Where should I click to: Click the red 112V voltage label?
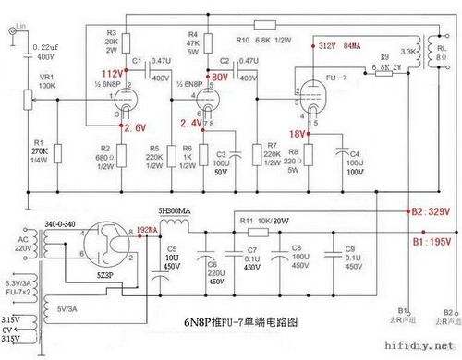[111, 72]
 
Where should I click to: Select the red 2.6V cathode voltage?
[134, 128]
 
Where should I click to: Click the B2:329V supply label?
[431, 211]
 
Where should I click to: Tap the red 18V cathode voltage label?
[301, 132]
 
